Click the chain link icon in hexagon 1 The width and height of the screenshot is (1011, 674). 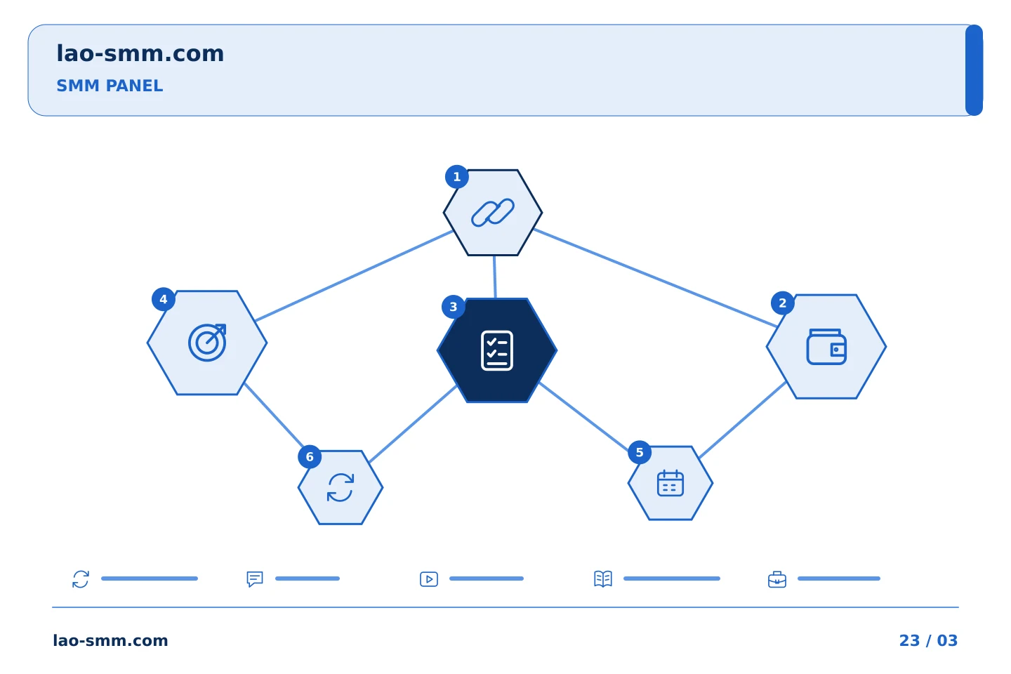coord(492,212)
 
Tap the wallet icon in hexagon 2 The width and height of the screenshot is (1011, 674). coord(826,347)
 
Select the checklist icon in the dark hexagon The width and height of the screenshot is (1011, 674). coord(496,350)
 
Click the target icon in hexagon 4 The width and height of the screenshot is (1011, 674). coord(207,342)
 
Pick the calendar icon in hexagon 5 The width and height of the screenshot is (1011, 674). coord(670,483)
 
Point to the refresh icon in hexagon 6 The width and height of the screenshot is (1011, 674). coord(341,487)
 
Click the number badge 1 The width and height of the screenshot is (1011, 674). coord(457,176)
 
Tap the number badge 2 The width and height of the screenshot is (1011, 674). coord(783,303)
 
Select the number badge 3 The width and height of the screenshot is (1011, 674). coord(453,307)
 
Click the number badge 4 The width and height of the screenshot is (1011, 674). coord(164,299)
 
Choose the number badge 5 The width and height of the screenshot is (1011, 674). coord(640,452)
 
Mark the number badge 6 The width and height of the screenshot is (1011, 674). coord(310,456)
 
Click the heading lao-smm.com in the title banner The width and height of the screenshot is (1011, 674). coord(140,53)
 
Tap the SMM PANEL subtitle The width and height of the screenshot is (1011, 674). coord(110,86)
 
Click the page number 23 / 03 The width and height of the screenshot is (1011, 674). coord(928,640)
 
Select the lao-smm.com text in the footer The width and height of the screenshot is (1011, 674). coord(111,640)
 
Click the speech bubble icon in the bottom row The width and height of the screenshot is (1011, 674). coord(255,579)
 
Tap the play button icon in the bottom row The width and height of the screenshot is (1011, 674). coord(429,579)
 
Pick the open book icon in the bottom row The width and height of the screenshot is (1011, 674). coord(603,579)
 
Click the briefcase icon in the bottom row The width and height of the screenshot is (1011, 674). coord(777,580)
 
